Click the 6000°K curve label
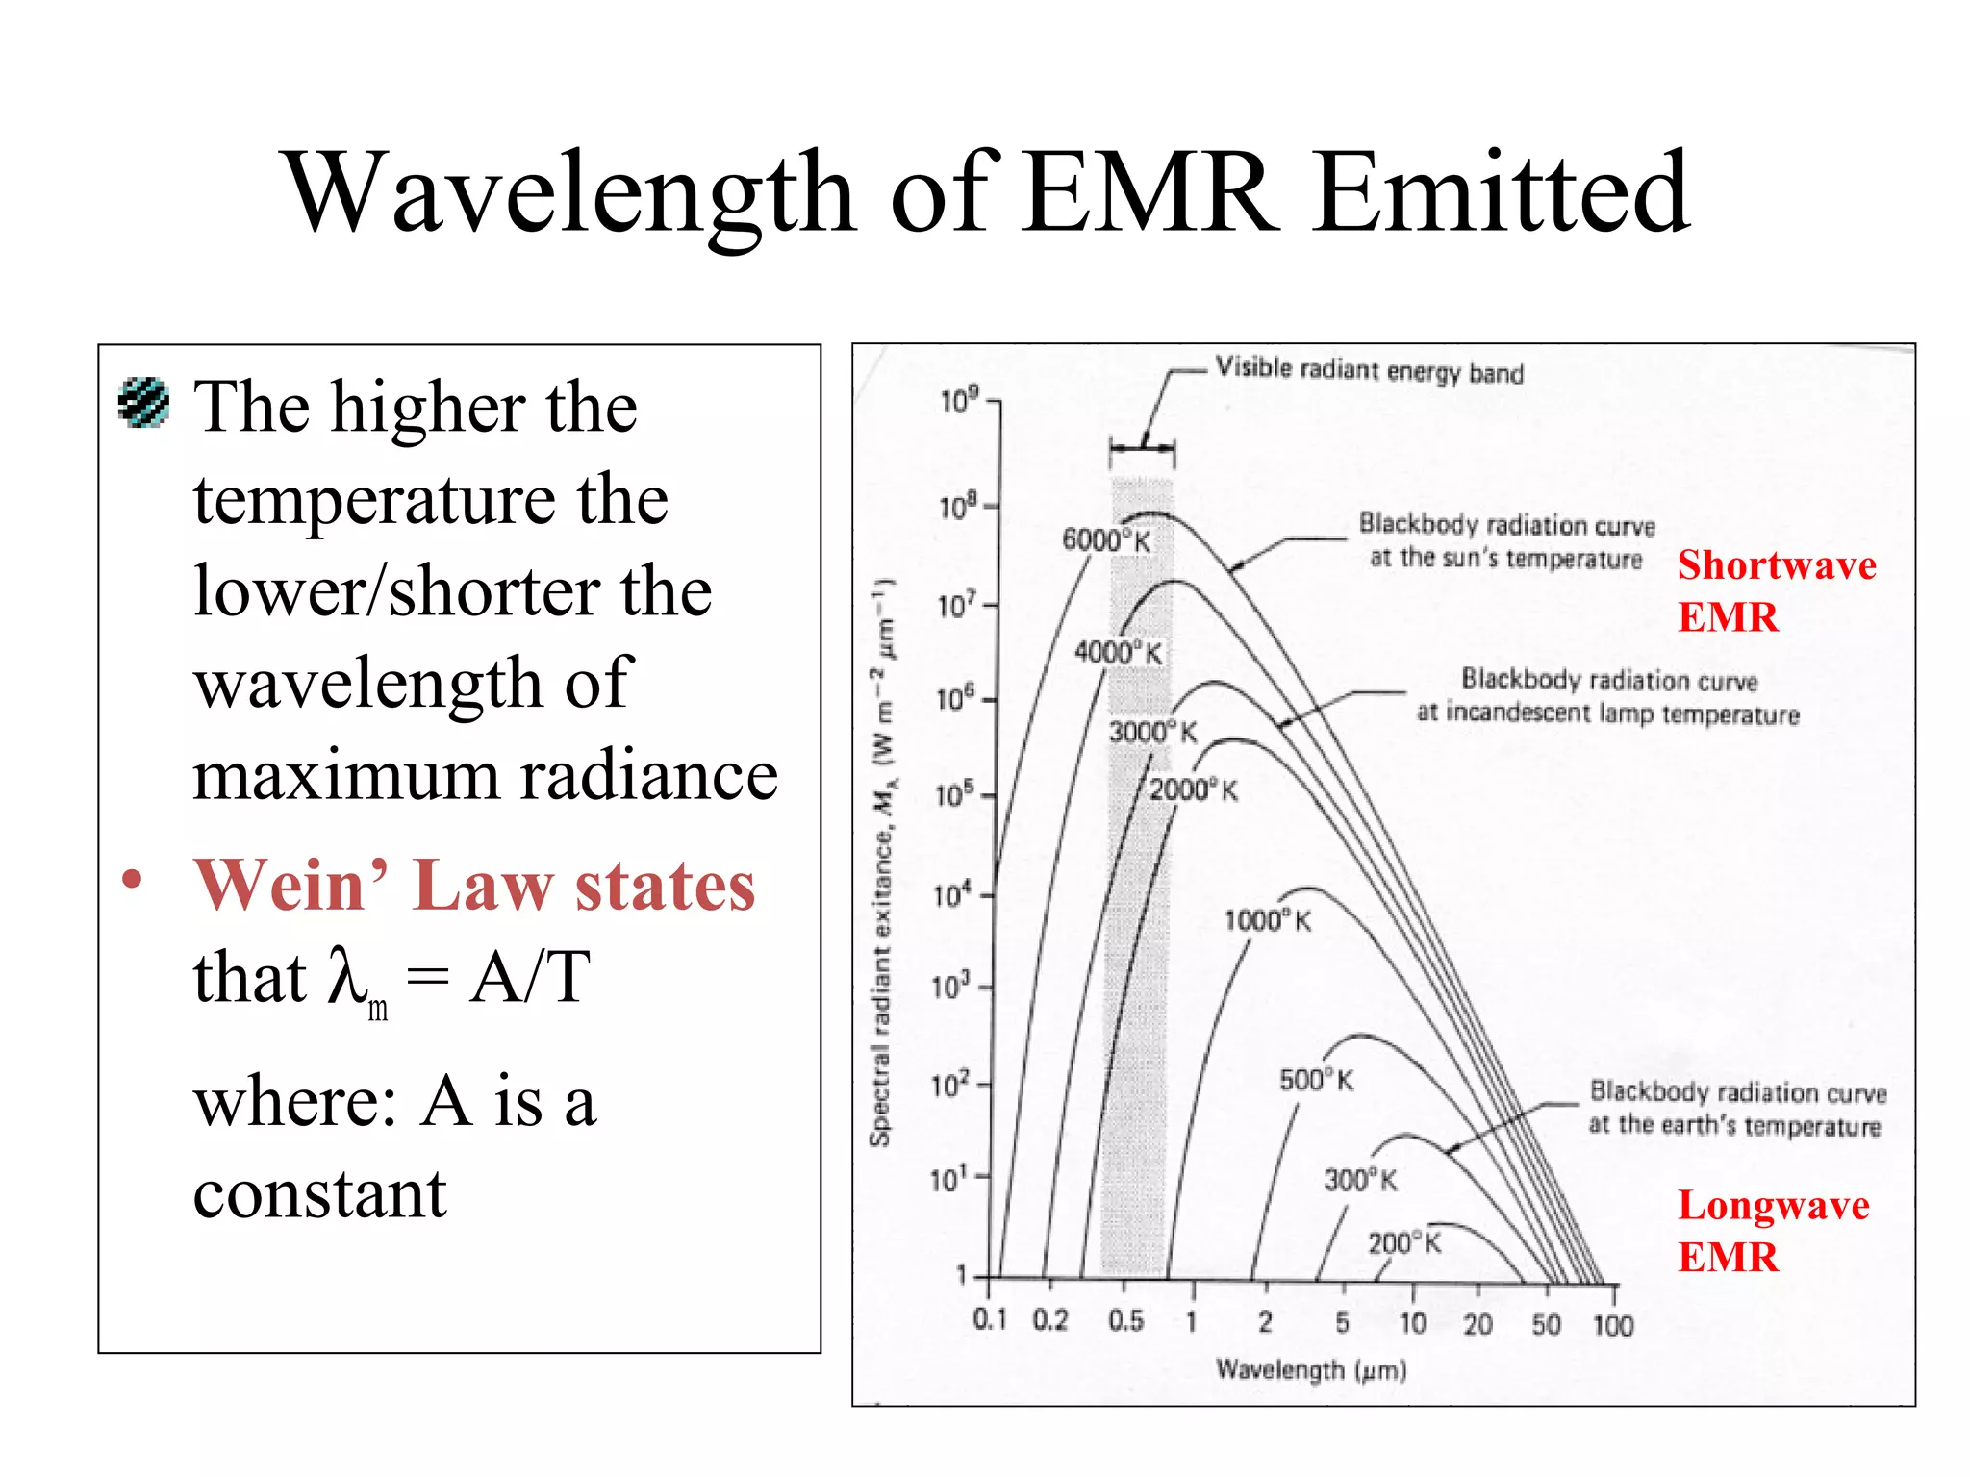tap(1105, 540)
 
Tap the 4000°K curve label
tap(1118, 653)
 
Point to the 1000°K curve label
tap(1267, 921)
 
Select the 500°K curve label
tap(1316, 1080)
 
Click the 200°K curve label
tap(1404, 1243)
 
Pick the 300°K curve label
tap(1360, 1180)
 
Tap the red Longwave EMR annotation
tap(1772, 1231)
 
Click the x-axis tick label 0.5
tap(1125, 1321)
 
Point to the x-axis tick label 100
tap(1613, 1326)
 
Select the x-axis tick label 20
tap(1477, 1325)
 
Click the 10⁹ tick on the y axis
tap(959, 400)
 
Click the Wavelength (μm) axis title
tap(1311, 1369)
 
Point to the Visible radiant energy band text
tap(1369, 370)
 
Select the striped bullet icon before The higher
tap(144, 402)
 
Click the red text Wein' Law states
tap(474, 885)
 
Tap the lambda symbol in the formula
tap(348, 975)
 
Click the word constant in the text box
tap(320, 1194)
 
